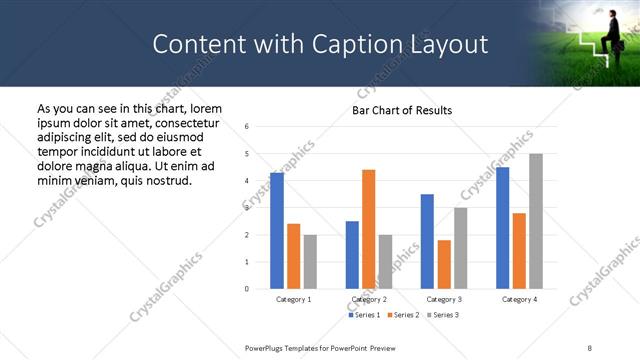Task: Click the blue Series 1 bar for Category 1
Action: (x=277, y=231)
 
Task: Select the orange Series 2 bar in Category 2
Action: (x=369, y=229)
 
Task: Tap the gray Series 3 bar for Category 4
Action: (x=536, y=221)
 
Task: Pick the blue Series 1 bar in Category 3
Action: (x=427, y=241)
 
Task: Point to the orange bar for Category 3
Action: (x=444, y=264)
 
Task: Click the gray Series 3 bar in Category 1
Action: (x=311, y=262)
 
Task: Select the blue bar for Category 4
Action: (x=502, y=228)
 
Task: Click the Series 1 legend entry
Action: (x=365, y=315)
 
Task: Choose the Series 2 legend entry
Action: (x=402, y=315)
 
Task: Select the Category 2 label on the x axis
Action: (x=369, y=299)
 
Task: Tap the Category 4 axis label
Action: (x=519, y=299)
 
